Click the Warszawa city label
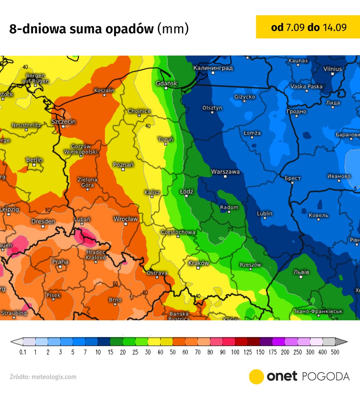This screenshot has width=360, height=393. (226, 172)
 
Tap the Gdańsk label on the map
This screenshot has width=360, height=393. (167, 83)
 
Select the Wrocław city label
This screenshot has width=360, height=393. (126, 219)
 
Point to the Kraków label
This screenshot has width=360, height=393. (199, 263)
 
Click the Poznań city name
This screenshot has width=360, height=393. (123, 165)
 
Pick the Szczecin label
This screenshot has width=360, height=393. (64, 122)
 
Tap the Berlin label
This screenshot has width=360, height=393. (34, 160)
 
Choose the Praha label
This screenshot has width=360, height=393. (60, 262)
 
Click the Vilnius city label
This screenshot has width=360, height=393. (332, 69)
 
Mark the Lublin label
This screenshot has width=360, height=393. (265, 214)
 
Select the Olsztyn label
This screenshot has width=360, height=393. (212, 108)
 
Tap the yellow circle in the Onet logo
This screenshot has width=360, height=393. (256, 377)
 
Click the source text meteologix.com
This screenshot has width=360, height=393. (54, 377)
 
